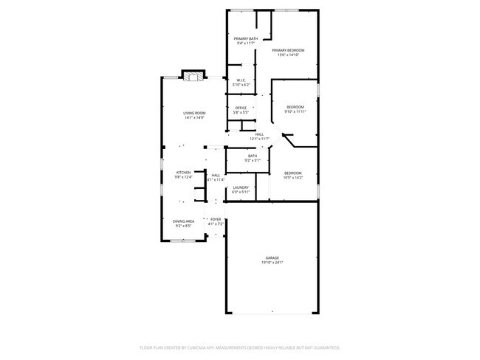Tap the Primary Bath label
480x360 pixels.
pyautogui.click(x=246, y=38)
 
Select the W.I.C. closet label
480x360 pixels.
pyautogui.click(x=241, y=80)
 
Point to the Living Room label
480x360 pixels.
pyautogui.click(x=194, y=112)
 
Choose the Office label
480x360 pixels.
pyautogui.click(x=241, y=108)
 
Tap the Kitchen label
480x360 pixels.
pyautogui.click(x=183, y=172)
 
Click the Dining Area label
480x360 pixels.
pyautogui.click(x=183, y=221)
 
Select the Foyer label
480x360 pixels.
pyautogui.click(x=216, y=219)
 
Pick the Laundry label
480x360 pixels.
pyautogui.click(x=241, y=187)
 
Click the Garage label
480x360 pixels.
pyautogui.click(x=272, y=257)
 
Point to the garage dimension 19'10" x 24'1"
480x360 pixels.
pyautogui.click(x=272, y=262)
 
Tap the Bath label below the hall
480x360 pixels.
pyautogui.click(x=253, y=156)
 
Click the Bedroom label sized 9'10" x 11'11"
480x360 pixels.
pyautogui.click(x=295, y=108)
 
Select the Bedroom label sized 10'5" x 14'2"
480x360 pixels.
pyautogui.click(x=293, y=173)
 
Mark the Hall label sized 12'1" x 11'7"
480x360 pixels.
pyautogui.click(x=259, y=134)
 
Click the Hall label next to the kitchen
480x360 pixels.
pyautogui.click(x=216, y=175)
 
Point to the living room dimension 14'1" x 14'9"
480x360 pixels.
pyautogui.click(x=194, y=117)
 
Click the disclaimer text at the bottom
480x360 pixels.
pyautogui.click(x=240, y=347)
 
